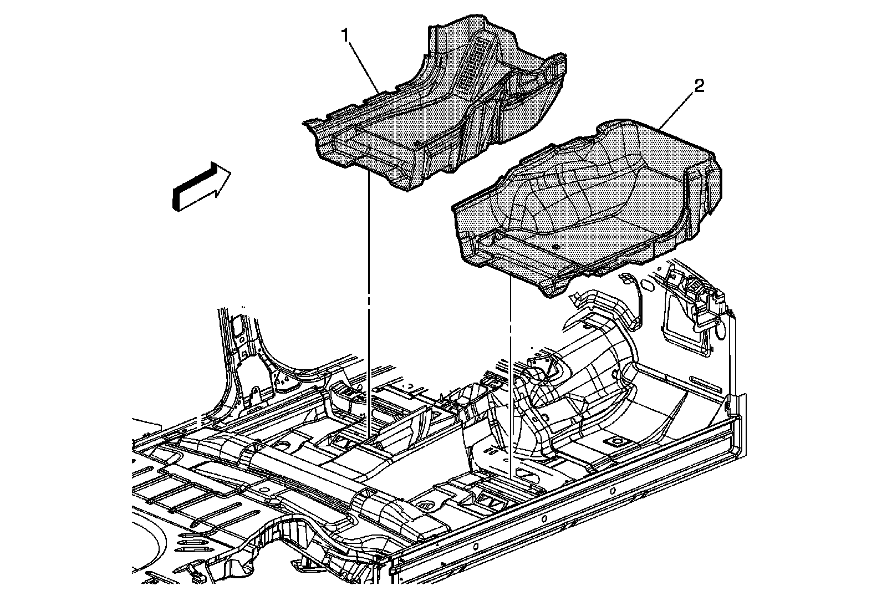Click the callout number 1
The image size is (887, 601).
point(345,36)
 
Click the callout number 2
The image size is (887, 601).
point(699,86)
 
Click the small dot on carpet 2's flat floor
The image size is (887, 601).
point(555,245)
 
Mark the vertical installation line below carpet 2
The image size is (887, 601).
point(509,377)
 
